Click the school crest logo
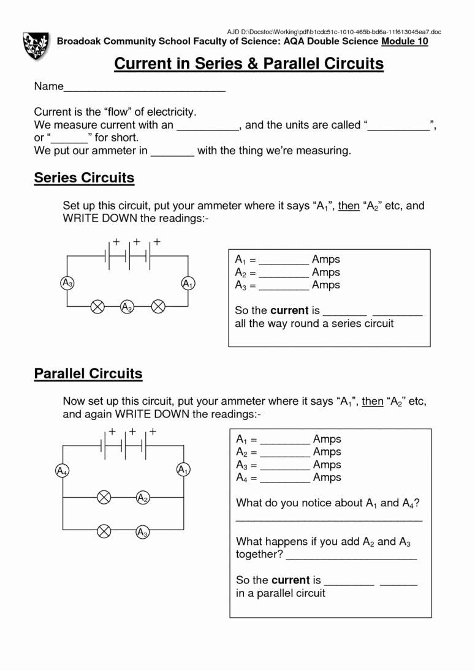(36, 46)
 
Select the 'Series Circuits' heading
(84, 178)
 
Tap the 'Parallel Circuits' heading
(88, 373)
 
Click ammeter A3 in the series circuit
(67, 283)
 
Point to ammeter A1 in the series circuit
(188, 283)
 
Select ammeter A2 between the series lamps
(127, 307)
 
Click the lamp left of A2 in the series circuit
(97, 307)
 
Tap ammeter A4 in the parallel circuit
(62, 471)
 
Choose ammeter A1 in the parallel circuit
(183, 470)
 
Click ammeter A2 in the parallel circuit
(143, 498)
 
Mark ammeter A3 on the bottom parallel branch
(143, 532)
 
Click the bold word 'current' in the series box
(289, 310)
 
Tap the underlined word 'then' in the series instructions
(348, 206)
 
